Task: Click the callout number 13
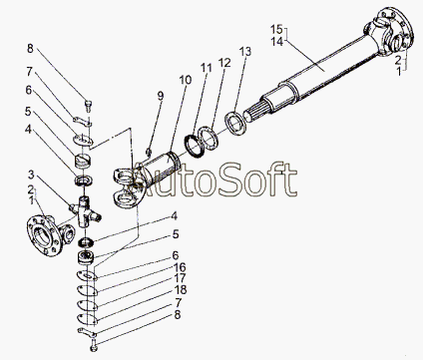coord(245,52)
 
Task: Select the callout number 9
coord(161,96)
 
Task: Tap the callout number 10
coord(186,80)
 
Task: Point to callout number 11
coord(206,68)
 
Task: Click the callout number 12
coord(224,63)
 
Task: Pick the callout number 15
coord(276,29)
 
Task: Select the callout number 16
coord(180,267)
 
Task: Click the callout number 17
coord(180,278)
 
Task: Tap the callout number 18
coord(180,289)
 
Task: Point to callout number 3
coord(31,174)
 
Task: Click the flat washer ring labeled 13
coord(235,123)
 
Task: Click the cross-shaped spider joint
coord(85,211)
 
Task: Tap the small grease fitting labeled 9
coord(149,153)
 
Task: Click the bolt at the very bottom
coord(93,345)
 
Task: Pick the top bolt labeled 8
coord(89,106)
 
